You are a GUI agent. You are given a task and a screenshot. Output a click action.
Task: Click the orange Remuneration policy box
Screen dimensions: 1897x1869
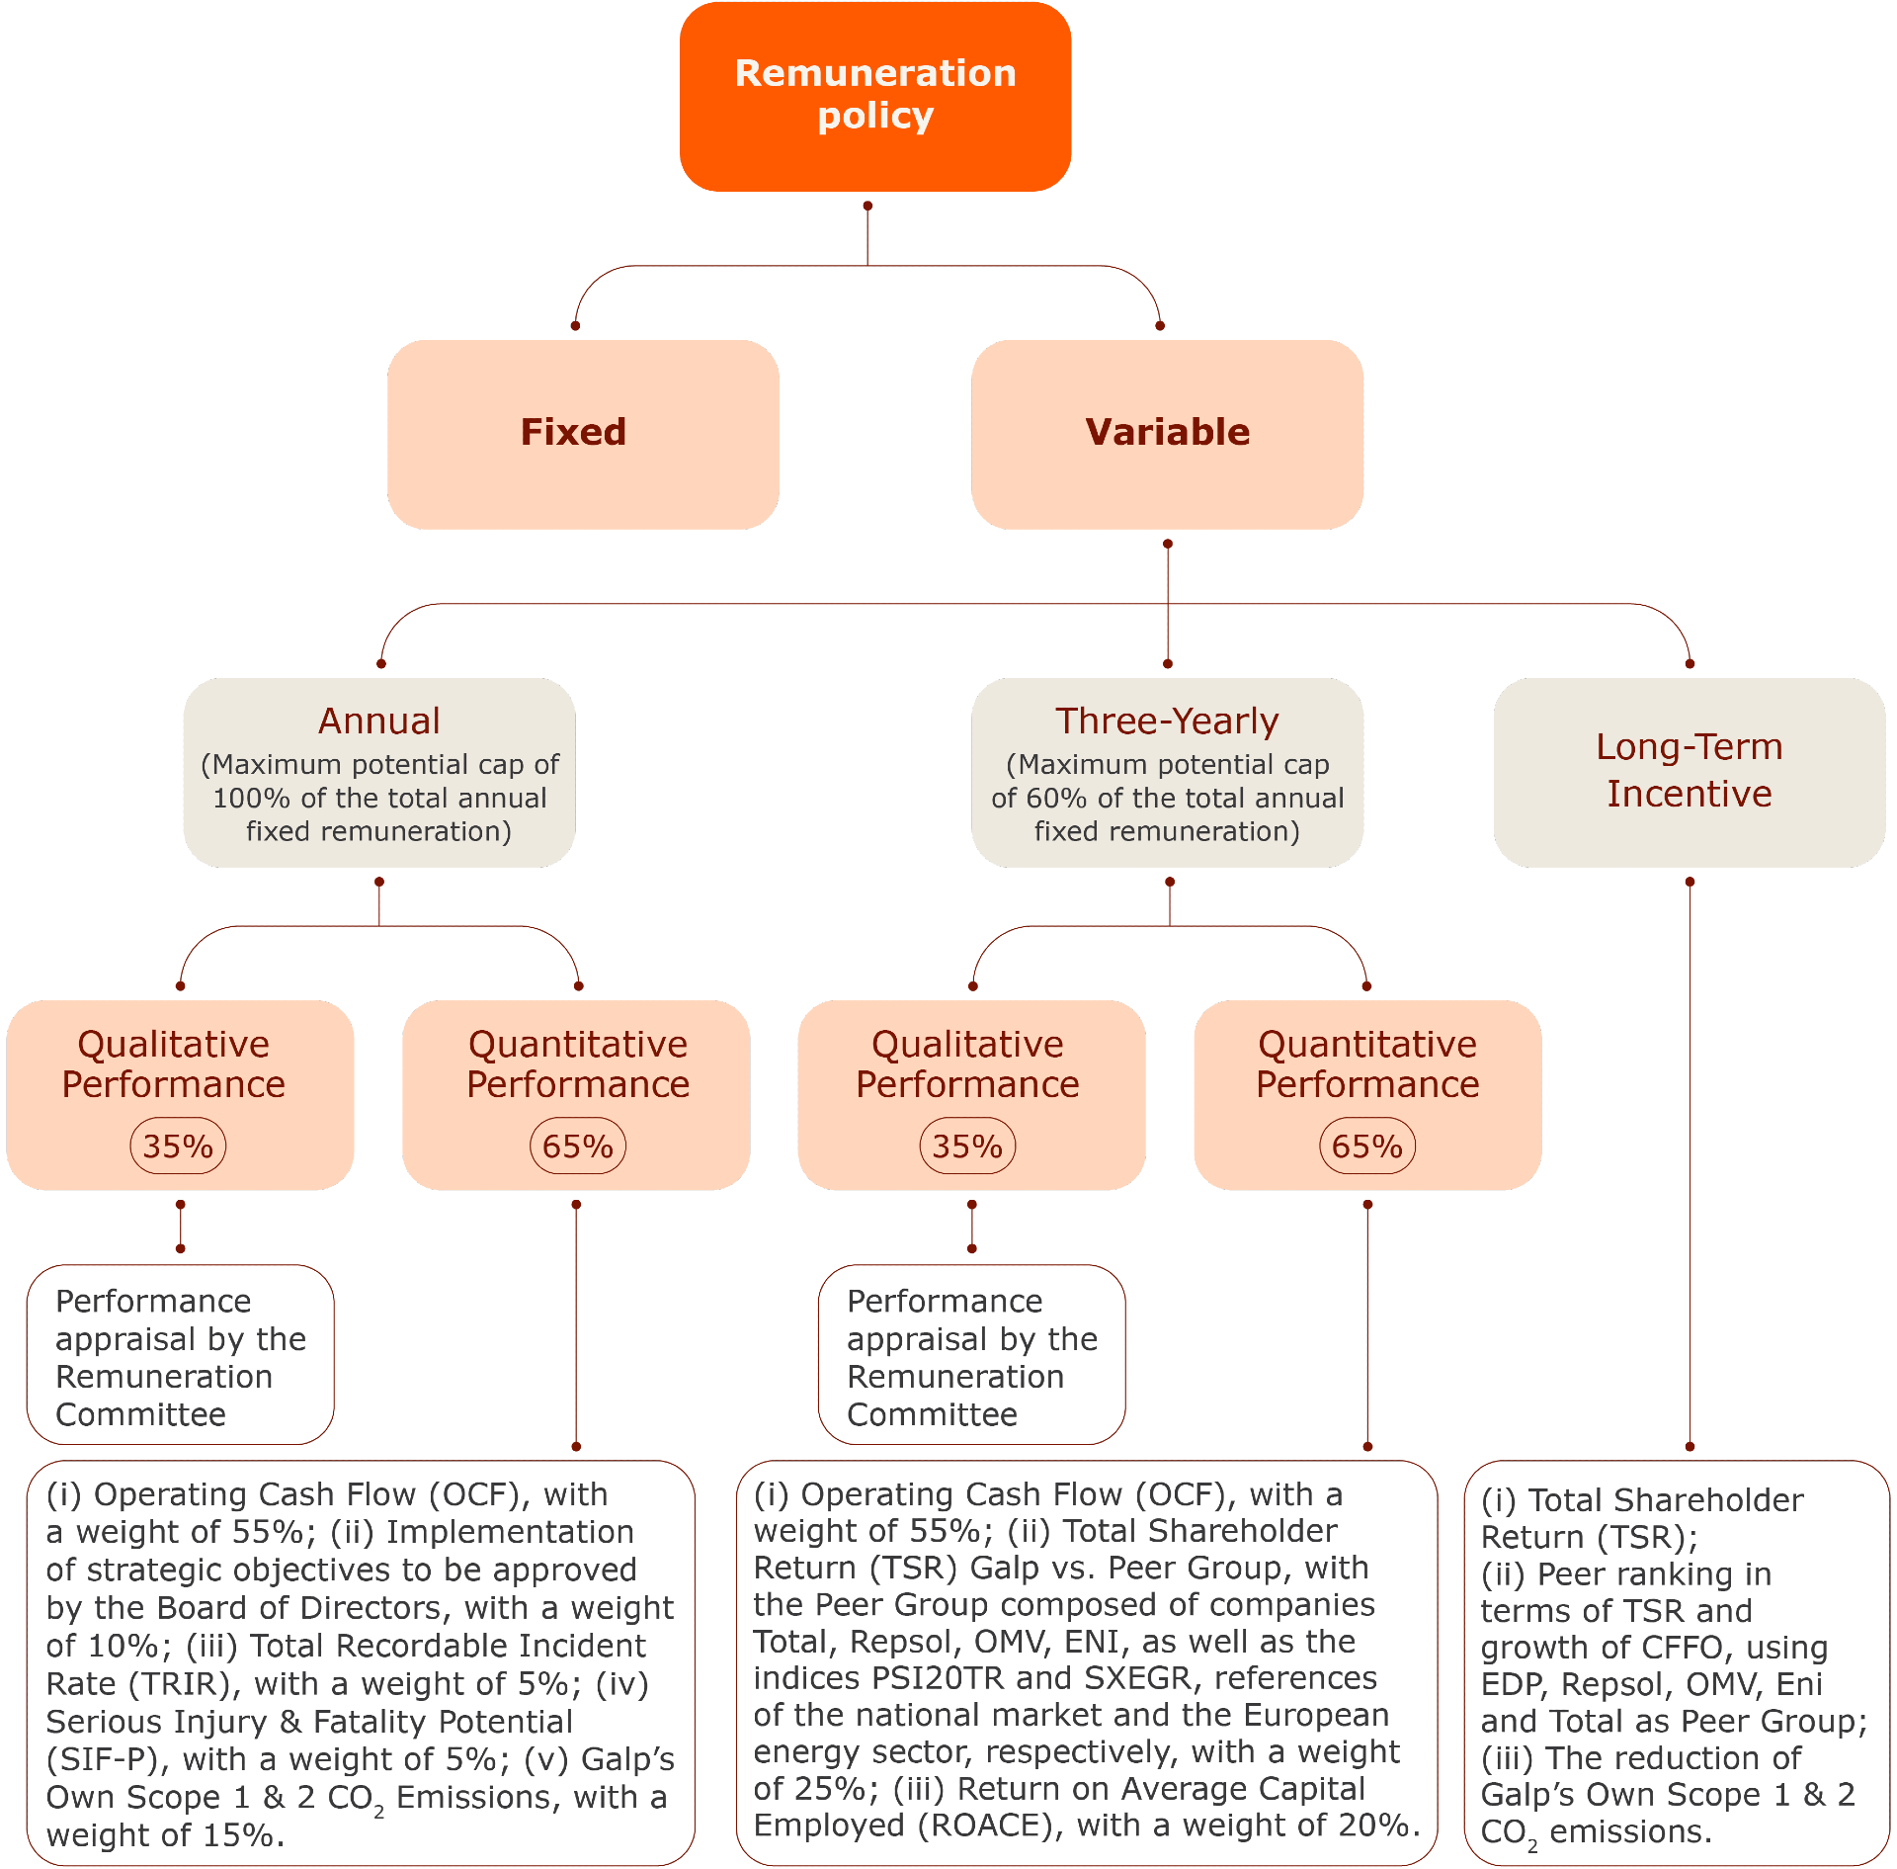[875, 96]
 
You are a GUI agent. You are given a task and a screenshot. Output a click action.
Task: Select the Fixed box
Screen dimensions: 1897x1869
[583, 434]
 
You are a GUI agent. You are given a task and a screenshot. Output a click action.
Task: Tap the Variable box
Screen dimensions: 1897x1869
[1167, 434]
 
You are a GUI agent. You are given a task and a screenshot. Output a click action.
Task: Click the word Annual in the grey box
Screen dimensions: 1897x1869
[379, 721]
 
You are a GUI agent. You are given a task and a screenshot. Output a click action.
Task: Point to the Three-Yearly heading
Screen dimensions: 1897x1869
[1167, 722]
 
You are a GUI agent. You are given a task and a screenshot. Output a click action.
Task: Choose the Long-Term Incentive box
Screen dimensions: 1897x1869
[1690, 772]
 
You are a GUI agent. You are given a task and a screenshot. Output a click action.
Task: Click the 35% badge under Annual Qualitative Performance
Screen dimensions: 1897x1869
[178, 1146]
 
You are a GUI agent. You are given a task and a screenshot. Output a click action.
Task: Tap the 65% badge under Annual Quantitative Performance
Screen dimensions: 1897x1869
[578, 1146]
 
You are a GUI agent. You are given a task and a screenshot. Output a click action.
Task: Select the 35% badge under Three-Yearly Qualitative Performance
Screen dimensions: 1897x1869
[967, 1146]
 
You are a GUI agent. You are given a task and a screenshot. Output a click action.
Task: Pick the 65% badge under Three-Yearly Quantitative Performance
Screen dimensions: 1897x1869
[1367, 1146]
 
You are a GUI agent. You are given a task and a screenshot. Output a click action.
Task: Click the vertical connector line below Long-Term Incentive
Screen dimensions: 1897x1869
[1690, 1163]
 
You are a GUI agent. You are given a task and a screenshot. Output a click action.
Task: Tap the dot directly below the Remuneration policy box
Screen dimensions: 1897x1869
[867, 206]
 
